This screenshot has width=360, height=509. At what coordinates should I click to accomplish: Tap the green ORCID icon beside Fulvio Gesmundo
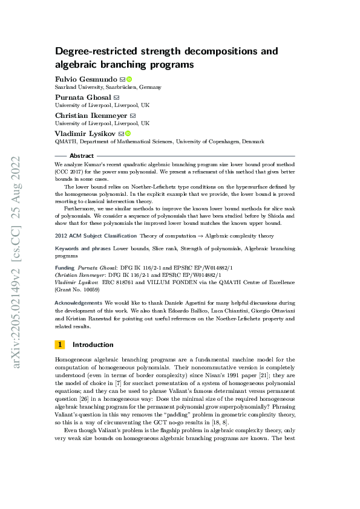129,79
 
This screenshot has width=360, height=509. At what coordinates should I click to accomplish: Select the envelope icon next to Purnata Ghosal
117,97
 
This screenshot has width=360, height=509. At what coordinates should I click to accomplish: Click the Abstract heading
82,155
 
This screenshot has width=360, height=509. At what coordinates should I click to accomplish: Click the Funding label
64,268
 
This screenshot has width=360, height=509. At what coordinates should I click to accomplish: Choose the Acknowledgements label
79,302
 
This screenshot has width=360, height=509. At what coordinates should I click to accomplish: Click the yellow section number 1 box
59,345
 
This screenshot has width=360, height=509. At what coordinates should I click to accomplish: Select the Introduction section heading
93,345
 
